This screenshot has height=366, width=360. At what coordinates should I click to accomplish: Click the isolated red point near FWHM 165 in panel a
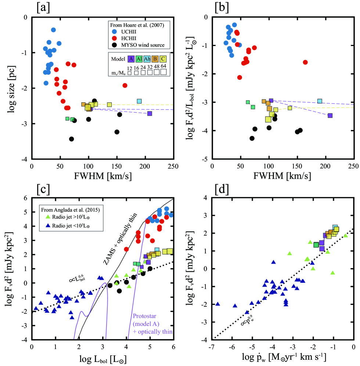(125, 85)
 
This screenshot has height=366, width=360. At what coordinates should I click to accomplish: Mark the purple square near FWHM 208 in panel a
(150, 113)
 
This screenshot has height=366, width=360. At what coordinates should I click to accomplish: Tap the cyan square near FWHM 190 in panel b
(320, 101)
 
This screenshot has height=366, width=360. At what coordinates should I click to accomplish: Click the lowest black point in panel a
(72, 139)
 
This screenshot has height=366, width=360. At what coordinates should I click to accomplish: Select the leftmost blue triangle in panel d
(217, 304)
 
